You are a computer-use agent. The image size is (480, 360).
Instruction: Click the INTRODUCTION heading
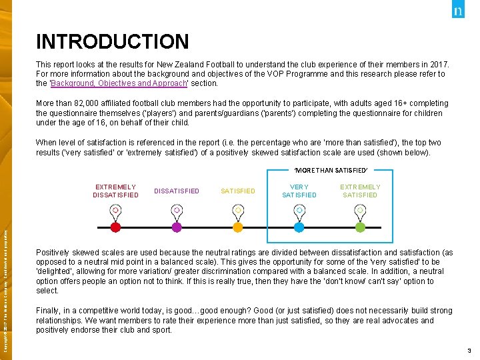[113, 42]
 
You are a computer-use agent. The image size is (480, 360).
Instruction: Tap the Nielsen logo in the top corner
[458, 11]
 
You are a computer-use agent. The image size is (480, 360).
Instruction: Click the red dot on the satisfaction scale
[115, 227]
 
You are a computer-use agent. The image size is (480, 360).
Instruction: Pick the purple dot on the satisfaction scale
[177, 227]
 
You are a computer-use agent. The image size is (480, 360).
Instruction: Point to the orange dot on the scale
[238, 227]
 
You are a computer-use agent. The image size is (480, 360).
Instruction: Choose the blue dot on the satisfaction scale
[299, 227]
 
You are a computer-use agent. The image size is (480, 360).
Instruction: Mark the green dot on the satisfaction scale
[360, 227]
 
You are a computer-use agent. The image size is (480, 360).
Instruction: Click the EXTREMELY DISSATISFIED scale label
[115, 191]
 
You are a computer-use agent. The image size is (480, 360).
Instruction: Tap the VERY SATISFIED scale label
[299, 191]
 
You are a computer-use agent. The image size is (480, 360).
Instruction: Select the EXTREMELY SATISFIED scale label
[360, 191]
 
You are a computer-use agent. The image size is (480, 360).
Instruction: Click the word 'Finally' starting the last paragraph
[49, 311]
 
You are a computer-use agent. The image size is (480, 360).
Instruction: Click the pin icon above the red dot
[115, 210]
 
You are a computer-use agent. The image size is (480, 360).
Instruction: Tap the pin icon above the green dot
[360, 210]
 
